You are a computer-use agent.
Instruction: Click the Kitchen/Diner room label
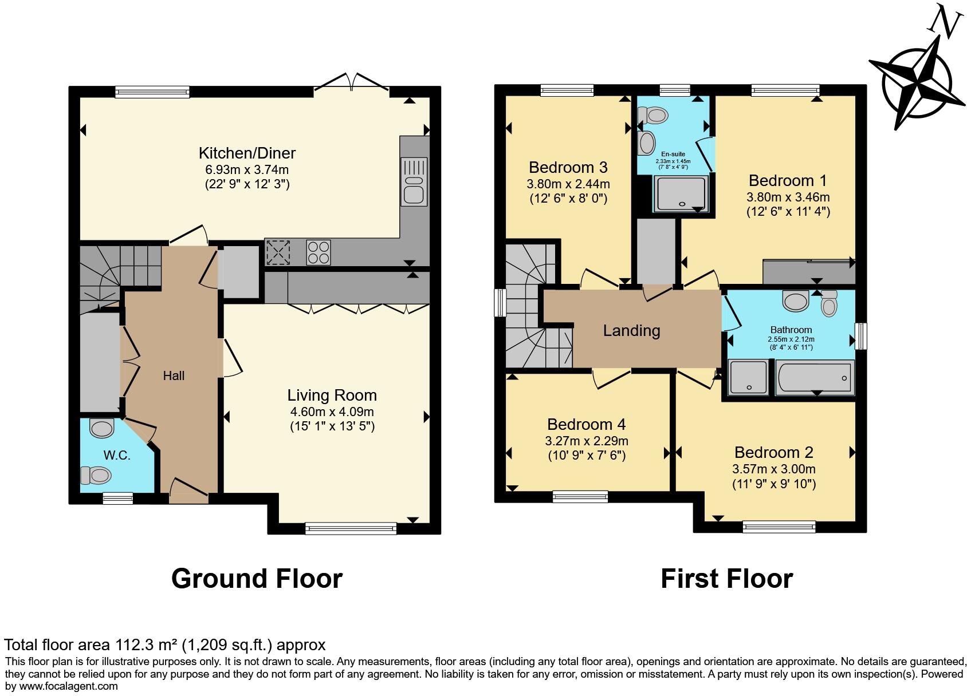pos(247,153)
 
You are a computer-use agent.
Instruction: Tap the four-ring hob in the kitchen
pos(319,252)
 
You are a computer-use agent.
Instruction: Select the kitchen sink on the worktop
pos(414,181)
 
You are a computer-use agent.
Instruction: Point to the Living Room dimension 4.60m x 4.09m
pos(332,412)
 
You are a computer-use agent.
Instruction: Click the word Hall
pos(174,375)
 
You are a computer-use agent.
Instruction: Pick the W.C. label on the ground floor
pos(116,456)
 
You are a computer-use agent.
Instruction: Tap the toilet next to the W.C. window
pos(96,475)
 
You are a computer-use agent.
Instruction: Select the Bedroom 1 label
pos(788,180)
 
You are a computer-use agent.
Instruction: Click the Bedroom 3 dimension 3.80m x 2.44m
pos(568,184)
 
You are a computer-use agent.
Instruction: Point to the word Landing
pos(631,331)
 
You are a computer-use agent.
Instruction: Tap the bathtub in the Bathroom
pos(815,378)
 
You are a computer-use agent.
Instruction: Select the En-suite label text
pos(673,154)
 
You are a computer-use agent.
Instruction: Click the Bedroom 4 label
pos(586,424)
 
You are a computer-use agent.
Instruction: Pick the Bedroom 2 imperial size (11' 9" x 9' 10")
pos(774,484)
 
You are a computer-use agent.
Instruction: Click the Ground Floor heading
pos(257,579)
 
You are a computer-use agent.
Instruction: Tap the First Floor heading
pos(727,579)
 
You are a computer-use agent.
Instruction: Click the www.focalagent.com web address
pos(68,686)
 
